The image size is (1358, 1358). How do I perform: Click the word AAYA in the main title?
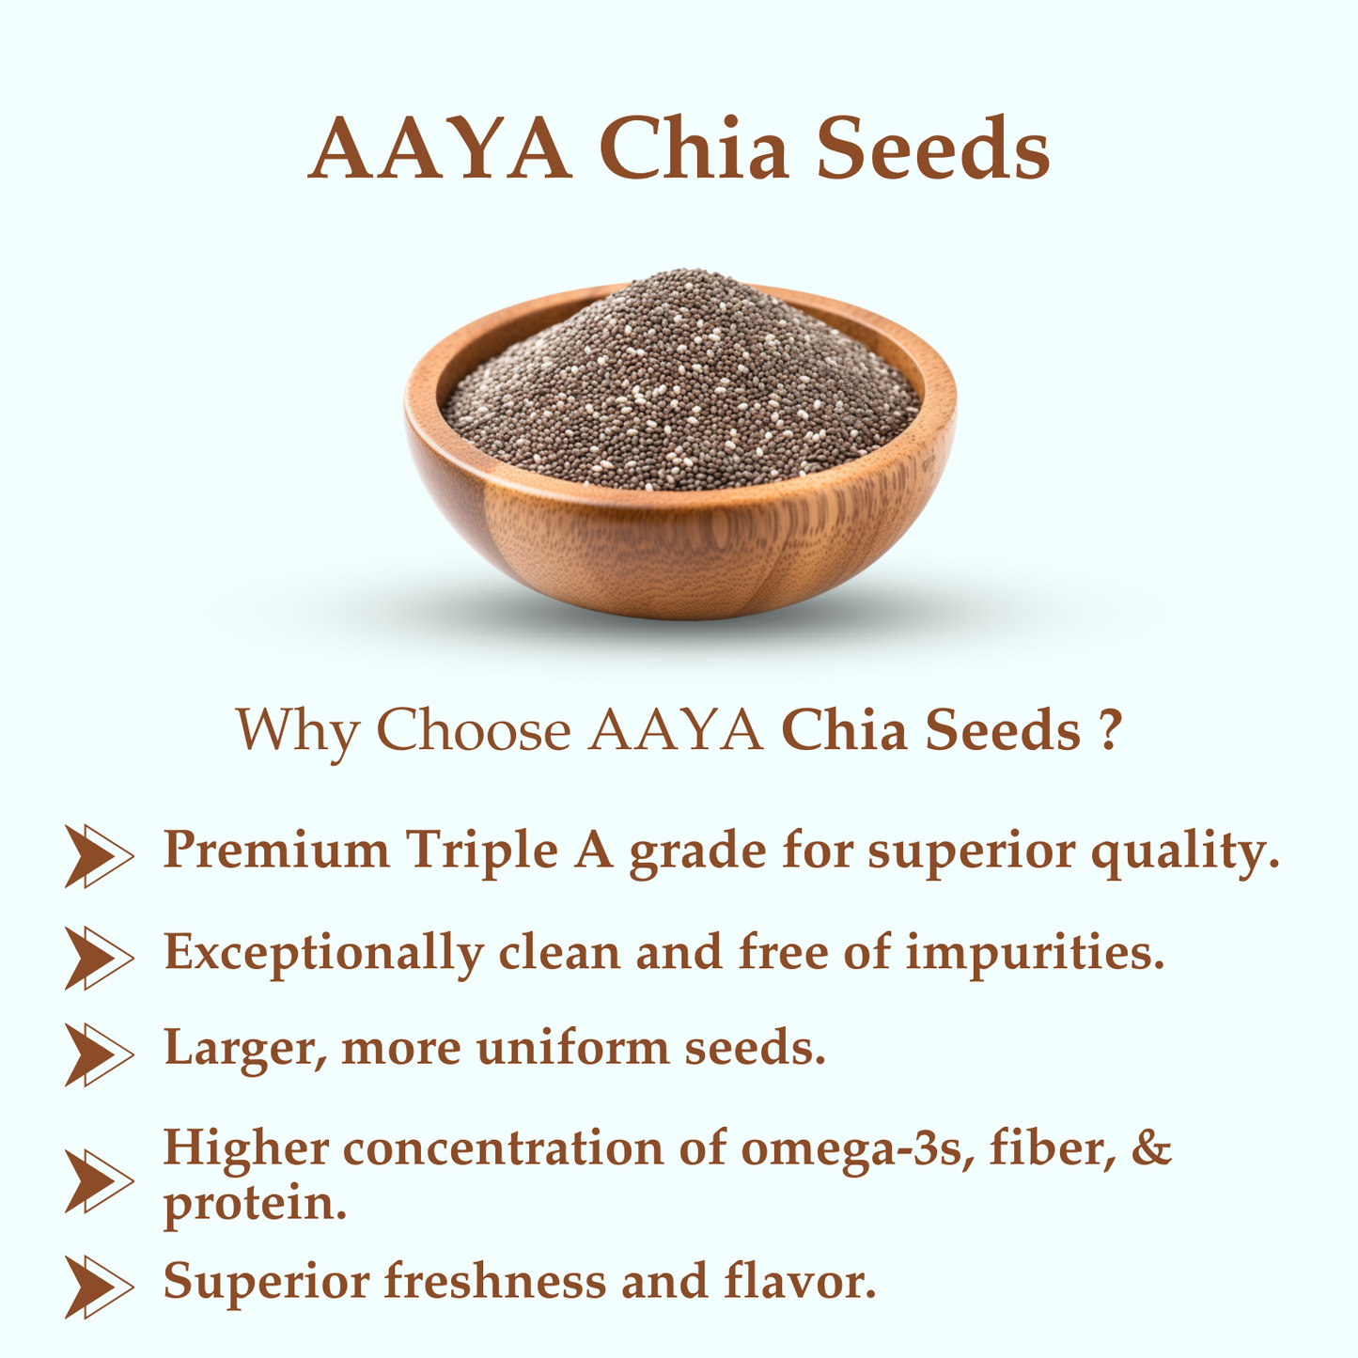pyautogui.click(x=440, y=150)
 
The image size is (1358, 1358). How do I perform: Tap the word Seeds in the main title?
pyautogui.click(x=932, y=150)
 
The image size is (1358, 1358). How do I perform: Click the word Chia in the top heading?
pyautogui.click(x=694, y=150)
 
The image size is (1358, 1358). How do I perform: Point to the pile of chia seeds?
pyautogui.click(x=680, y=385)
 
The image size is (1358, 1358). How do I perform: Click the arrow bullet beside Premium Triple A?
pyautogui.click(x=98, y=855)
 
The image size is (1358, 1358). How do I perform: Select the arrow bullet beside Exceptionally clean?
pyautogui.click(x=98, y=957)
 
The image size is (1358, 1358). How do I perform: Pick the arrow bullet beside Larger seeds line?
pyautogui.click(x=98, y=1054)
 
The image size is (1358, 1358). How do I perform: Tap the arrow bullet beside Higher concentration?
pyautogui.click(x=98, y=1178)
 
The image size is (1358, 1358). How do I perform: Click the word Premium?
pyautogui.click(x=276, y=851)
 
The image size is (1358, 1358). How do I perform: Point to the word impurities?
pyautogui.click(x=1035, y=953)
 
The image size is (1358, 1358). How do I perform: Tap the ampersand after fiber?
pyautogui.click(x=1153, y=1148)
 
